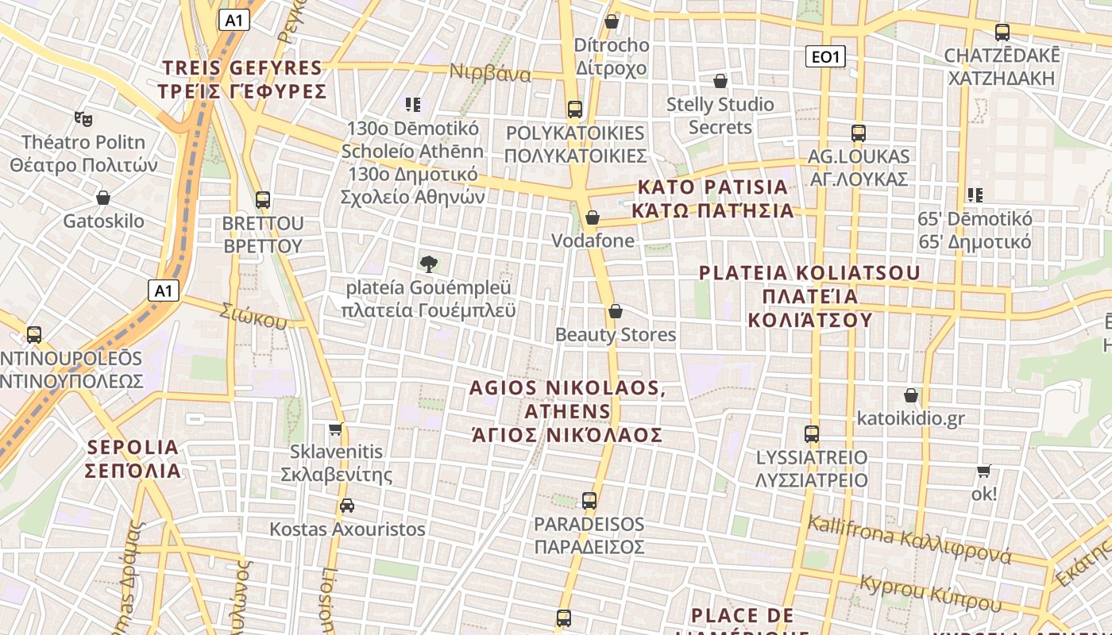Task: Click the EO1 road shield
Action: (825, 56)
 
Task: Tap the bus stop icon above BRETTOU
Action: (263, 200)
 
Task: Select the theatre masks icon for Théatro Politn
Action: (83, 119)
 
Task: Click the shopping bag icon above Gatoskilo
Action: (102, 197)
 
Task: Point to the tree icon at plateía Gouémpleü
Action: (429, 264)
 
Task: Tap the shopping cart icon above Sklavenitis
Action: (336, 429)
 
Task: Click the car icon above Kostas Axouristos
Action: (347, 506)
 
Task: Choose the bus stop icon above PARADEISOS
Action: (589, 501)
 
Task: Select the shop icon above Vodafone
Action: (593, 217)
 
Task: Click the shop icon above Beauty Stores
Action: (615, 311)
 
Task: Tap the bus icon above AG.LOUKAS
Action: (858, 133)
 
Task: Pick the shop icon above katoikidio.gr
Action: (911, 395)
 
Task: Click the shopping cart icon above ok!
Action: (984, 471)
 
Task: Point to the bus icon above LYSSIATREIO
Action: (811, 434)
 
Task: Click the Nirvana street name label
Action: (490, 73)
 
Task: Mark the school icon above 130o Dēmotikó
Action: (412, 105)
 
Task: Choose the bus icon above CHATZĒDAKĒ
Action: (1002, 33)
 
